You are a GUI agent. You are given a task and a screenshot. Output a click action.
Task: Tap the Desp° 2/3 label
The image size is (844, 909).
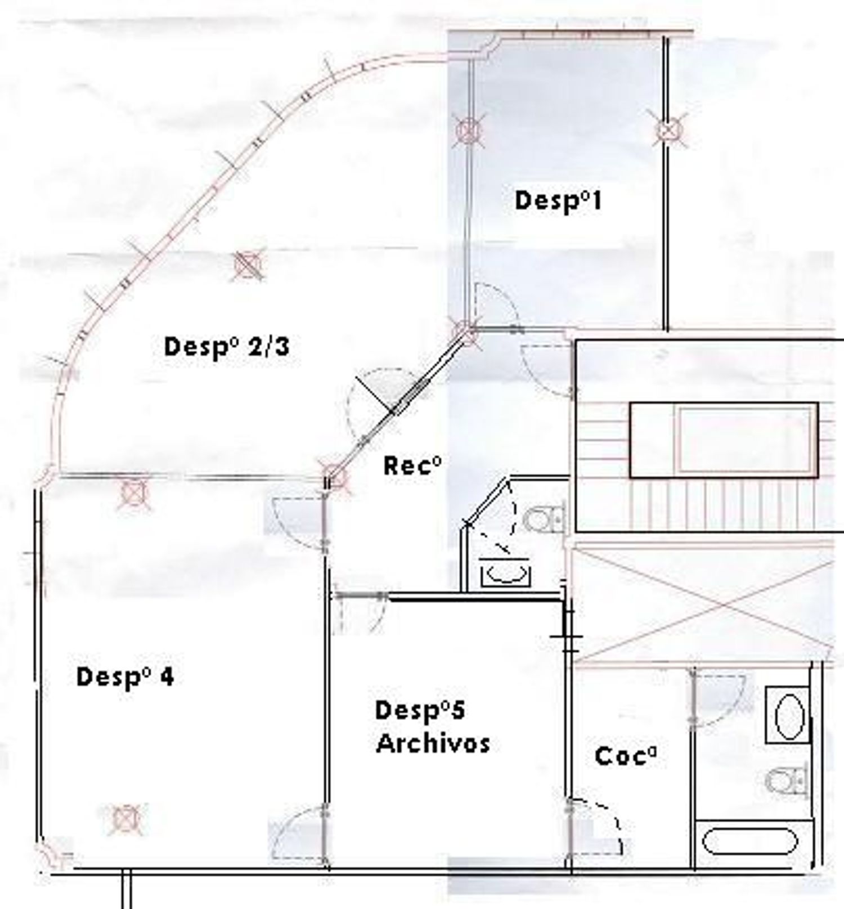227,346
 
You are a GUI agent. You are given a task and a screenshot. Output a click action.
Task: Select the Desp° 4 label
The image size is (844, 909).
125,677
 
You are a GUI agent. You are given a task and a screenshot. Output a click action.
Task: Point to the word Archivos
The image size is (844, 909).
433,744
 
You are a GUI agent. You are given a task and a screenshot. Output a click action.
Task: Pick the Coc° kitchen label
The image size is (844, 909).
626,756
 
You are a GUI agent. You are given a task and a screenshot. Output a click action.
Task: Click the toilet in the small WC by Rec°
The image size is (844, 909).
544,518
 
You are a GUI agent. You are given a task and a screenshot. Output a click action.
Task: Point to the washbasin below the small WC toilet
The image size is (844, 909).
505,572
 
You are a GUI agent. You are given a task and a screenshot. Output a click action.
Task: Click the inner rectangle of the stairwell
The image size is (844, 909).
724,439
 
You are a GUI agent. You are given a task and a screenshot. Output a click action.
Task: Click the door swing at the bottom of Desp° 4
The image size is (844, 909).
298,834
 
